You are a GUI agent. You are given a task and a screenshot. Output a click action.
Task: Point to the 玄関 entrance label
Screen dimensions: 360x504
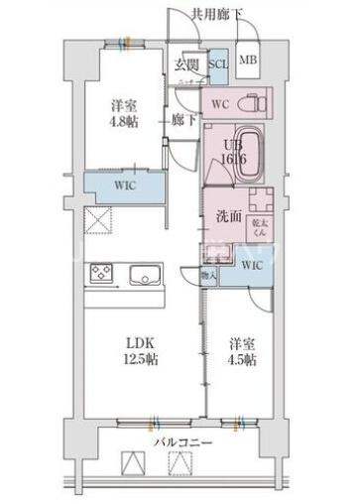pyautogui.click(x=186, y=64)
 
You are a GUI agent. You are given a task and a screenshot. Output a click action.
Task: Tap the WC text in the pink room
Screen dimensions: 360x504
pyautogui.click(x=219, y=103)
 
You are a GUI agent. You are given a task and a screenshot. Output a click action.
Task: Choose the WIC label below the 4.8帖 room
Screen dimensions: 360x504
pyautogui.click(x=124, y=185)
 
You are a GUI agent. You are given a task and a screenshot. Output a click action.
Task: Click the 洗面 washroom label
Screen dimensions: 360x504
pyautogui.click(x=227, y=215)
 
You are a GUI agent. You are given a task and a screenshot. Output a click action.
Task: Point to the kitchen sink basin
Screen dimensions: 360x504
pyautogui.click(x=147, y=274)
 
